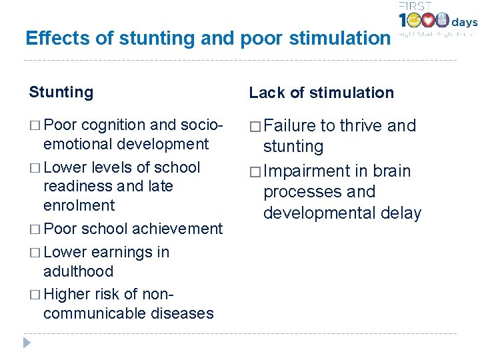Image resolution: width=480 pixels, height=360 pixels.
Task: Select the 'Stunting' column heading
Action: [61, 92]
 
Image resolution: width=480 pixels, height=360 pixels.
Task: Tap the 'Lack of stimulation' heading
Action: [321, 93]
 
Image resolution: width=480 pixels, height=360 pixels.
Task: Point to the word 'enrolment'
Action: [79, 205]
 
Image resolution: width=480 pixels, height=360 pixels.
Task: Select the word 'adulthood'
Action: [78, 271]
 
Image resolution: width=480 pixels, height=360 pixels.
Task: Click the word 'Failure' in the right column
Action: [290, 126]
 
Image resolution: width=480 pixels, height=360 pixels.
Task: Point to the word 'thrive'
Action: [360, 126]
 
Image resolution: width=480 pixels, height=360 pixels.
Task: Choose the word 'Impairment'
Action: [303, 171]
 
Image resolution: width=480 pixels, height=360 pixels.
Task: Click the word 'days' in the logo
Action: [465, 23]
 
